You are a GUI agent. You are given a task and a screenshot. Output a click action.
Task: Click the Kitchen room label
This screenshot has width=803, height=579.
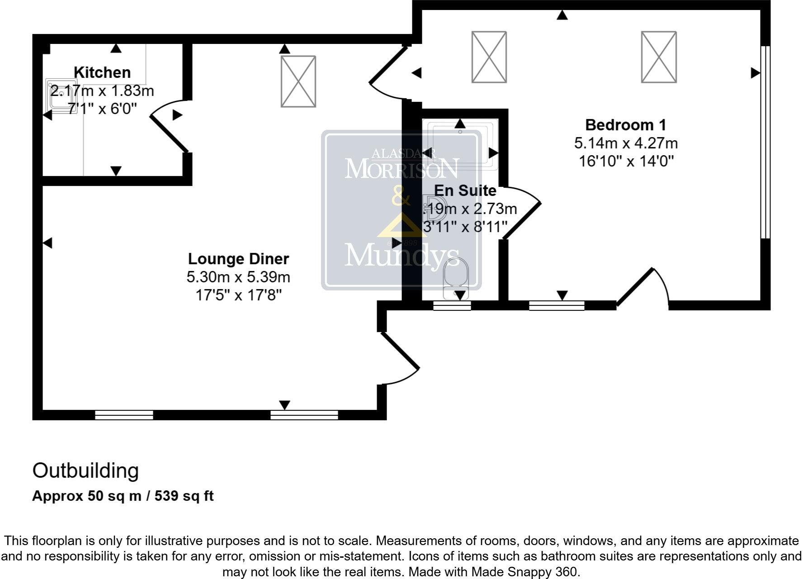tap(102, 72)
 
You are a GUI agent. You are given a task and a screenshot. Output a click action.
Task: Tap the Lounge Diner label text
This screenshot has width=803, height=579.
tap(238, 259)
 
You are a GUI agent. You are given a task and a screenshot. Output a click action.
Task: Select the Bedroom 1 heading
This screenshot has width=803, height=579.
tap(625, 125)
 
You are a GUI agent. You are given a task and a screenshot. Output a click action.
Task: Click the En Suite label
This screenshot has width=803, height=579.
tap(465, 190)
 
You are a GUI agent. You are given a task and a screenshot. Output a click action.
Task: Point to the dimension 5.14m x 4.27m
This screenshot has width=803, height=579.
tap(626, 143)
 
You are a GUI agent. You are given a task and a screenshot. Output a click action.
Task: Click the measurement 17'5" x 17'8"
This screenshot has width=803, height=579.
tap(238, 295)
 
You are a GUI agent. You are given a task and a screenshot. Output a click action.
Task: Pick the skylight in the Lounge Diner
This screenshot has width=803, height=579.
tap(298, 81)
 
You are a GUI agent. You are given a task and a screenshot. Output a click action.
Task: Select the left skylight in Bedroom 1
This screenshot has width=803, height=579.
tap(489, 57)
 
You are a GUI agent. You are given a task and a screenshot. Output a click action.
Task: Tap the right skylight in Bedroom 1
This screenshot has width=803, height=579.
tap(659, 57)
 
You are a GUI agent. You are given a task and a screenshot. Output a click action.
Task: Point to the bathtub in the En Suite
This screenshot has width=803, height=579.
tap(460, 143)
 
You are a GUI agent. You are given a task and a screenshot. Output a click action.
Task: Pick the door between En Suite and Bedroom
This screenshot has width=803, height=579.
tap(522, 213)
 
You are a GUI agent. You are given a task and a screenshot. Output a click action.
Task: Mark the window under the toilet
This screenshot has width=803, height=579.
tap(452, 306)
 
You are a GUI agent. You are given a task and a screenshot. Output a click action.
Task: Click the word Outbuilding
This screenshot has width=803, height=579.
tap(85, 471)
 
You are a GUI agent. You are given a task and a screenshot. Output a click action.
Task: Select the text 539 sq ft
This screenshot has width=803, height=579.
tap(184, 496)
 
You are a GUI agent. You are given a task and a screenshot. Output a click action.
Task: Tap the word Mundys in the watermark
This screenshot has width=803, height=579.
tap(401, 255)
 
